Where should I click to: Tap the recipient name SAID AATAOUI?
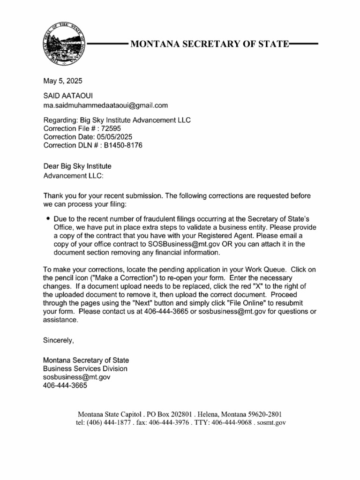click(68, 96)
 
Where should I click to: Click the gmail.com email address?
click(105, 105)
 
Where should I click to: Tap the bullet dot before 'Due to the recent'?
click(48, 219)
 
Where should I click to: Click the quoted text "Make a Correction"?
click(107, 278)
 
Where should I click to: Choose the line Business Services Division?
click(85, 368)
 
